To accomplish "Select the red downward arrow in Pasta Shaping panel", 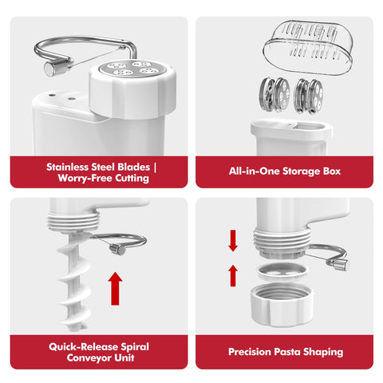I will pos(233,239).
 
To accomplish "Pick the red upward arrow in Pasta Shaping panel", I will pos(233,274).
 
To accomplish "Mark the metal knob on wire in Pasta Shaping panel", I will pos(342,265).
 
